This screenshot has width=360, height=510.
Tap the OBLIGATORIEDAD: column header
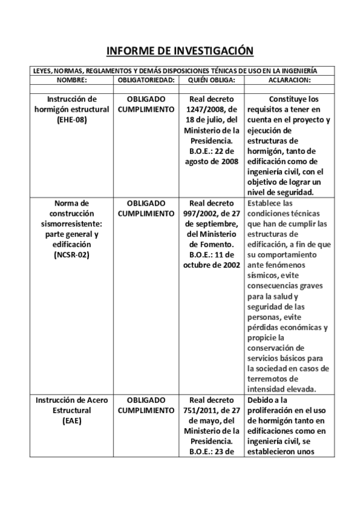[x=146, y=79]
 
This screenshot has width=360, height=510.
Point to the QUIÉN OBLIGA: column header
[x=211, y=79]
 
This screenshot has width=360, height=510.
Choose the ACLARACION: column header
[x=286, y=79]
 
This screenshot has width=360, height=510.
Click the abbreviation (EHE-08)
[x=72, y=120]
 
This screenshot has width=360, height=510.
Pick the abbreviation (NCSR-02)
[x=72, y=255]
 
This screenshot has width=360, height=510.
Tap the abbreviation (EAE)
[x=72, y=420]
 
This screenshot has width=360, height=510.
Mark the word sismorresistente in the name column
[x=70, y=224]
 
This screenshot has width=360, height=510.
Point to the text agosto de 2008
[x=212, y=161]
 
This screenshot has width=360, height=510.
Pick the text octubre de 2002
[x=211, y=265]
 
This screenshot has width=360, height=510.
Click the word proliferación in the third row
[x=273, y=410]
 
